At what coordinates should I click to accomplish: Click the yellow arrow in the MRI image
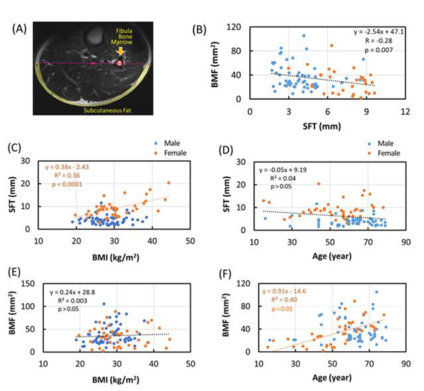click(x=120, y=50)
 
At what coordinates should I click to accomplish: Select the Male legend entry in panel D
click(x=377, y=143)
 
